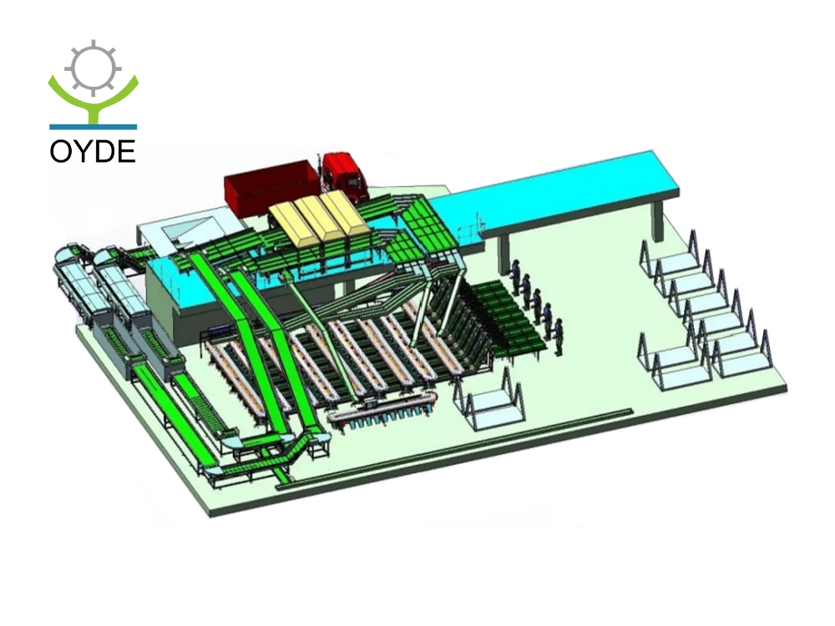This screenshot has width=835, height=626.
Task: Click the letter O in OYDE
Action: point(59,152)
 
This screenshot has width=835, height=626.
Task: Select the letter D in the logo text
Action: point(106,152)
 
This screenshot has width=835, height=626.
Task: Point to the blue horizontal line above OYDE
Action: point(94,127)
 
